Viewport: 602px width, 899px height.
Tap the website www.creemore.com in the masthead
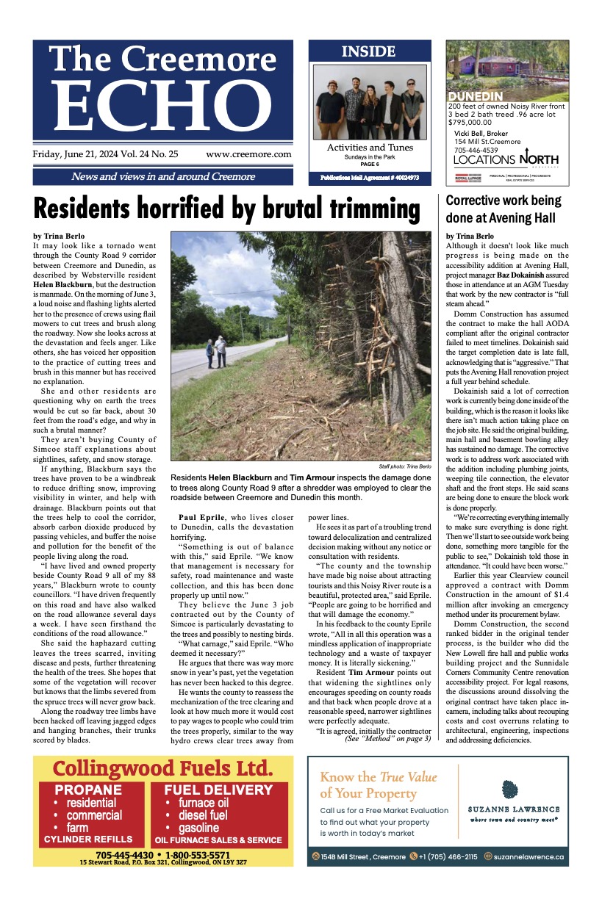(x=248, y=154)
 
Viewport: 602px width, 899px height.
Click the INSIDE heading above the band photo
(x=368, y=51)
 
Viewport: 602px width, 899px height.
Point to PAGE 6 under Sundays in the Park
(x=368, y=165)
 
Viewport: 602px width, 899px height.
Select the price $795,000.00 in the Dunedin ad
(x=471, y=123)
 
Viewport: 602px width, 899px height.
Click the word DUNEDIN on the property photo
(x=475, y=96)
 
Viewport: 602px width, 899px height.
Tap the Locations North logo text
(x=506, y=159)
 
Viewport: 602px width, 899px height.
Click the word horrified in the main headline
(x=198, y=209)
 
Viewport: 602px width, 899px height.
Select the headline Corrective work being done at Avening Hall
(x=504, y=209)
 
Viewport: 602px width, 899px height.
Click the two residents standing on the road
(x=215, y=352)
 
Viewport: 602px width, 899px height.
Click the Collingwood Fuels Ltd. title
(x=162, y=769)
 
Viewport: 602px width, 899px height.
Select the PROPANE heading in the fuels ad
(x=88, y=790)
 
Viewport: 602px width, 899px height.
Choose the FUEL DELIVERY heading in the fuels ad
(x=213, y=790)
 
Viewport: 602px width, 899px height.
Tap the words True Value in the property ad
(x=407, y=776)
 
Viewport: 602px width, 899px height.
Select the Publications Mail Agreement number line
(x=369, y=178)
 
